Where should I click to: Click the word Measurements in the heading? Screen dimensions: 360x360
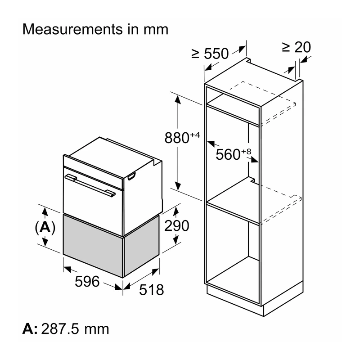point(73,29)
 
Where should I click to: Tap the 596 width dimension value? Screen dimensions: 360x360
point(87,281)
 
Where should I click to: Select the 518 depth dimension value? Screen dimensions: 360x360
point(152,290)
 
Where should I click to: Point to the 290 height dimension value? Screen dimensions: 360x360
point(177,226)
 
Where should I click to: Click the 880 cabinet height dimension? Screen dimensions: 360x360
point(182,137)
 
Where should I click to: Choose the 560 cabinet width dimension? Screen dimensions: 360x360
point(233,153)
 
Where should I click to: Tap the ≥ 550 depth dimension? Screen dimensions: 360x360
point(210,54)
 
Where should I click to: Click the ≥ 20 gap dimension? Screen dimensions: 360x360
point(296,47)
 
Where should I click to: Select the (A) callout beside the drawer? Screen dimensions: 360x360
point(45,227)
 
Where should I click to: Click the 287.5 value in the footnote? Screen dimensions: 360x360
point(60,329)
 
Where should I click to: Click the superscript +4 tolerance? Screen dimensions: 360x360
point(195,135)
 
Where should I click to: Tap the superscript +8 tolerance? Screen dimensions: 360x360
point(246,152)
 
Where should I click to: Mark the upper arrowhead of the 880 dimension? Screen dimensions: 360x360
point(177,99)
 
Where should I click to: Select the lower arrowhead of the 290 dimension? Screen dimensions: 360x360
point(176,239)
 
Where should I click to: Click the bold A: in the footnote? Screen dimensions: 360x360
point(30,329)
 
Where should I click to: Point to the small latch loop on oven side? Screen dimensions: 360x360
point(132,176)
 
